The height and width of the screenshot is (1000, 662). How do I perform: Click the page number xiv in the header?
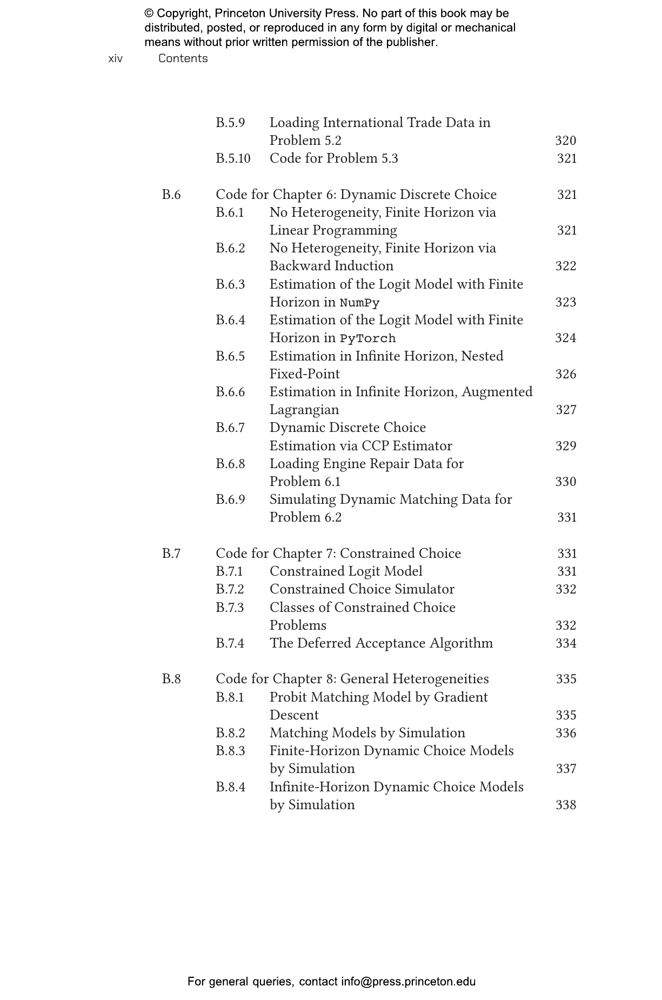click(x=115, y=58)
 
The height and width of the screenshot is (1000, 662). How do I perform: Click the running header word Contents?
click(x=183, y=58)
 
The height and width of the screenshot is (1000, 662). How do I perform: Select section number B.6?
click(x=171, y=195)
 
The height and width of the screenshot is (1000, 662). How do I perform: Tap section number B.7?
click(x=171, y=554)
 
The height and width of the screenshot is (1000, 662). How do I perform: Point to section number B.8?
click(x=171, y=679)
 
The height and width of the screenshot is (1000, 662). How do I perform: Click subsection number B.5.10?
click(x=233, y=158)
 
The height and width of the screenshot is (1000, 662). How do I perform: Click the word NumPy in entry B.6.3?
click(x=359, y=303)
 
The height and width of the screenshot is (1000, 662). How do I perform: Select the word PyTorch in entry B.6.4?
click(x=367, y=338)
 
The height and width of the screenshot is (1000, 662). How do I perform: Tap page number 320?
click(x=565, y=141)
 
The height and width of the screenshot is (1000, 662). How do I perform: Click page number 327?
click(x=566, y=410)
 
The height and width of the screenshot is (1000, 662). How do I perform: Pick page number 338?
click(x=566, y=805)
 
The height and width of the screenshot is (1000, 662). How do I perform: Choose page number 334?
click(x=566, y=643)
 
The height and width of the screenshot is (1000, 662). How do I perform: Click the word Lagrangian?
click(x=304, y=410)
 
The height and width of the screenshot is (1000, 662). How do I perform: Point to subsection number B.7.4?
click(x=230, y=643)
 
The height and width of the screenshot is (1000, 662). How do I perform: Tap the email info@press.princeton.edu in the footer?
click(x=408, y=982)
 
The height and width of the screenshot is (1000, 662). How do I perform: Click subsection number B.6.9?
click(x=230, y=499)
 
